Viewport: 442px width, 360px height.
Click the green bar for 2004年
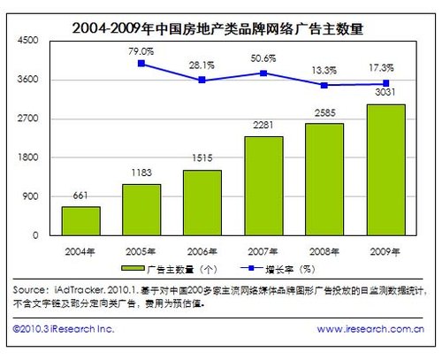(80, 220)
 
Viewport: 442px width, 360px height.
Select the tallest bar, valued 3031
(385, 170)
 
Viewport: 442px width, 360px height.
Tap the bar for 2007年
(263, 186)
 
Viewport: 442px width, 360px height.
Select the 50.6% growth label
(263, 59)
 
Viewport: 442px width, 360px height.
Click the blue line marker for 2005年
(141, 64)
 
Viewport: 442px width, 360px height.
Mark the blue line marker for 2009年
(385, 84)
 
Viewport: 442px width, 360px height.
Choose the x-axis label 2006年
(202, 249)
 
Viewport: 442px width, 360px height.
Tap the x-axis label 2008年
(324, 249)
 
